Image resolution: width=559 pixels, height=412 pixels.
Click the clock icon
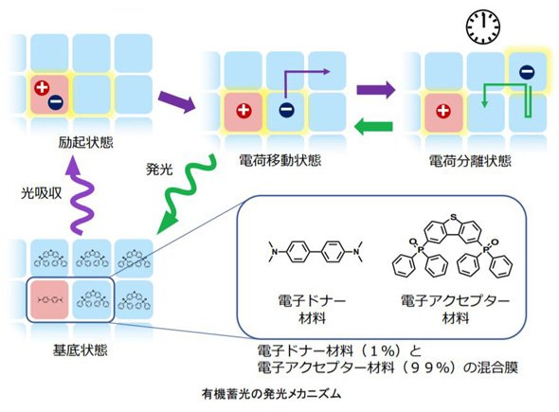point(483,27)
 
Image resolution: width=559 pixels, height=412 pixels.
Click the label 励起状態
point(85,143)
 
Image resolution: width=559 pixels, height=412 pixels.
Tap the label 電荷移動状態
point(280,160)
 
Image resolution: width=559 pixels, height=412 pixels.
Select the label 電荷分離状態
point(470,161)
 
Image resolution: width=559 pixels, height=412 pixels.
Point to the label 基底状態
point(81,350)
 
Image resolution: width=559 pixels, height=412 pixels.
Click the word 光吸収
point(42,193)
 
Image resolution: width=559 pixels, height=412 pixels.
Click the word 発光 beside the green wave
point(159,169)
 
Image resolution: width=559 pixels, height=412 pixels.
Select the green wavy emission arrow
point(186,194)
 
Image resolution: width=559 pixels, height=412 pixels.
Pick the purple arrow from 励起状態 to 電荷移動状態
point(177,102)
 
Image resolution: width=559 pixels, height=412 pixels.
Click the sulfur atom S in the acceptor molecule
point(453,216)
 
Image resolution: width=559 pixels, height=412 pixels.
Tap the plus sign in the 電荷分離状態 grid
point(443,111)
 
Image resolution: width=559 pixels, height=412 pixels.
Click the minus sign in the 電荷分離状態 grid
point(527,72)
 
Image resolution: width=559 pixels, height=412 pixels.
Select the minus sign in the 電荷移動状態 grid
point(287,110)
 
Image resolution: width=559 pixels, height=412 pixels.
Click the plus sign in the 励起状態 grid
point(42,88)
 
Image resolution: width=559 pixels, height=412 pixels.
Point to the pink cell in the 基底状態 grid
point(49,299)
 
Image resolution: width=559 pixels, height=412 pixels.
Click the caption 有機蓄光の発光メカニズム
point(271,394)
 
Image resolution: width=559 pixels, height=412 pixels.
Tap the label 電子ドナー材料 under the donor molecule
point(312,309)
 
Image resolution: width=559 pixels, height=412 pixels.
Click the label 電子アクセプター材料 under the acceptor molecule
point(456,309)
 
